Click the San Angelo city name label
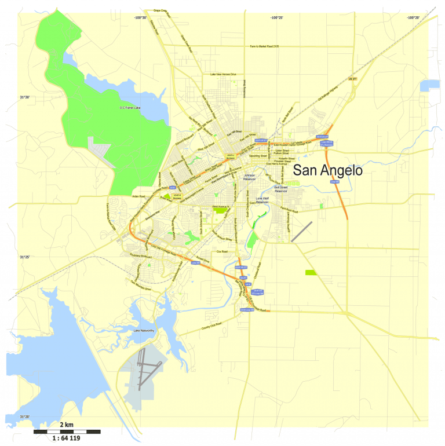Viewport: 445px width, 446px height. tap(327, 171)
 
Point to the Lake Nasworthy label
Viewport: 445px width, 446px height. tap(144, 330)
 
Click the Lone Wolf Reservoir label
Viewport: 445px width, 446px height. tap(262, 200)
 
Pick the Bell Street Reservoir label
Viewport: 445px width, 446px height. tap(280, 189)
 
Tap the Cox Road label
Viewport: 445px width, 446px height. tap(222, 251)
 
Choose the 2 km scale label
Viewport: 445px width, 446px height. tap(67, 425)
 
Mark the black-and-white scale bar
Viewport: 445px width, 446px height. tap(67, 432)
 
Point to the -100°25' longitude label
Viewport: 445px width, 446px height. tap(276, 17)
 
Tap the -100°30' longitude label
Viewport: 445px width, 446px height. tap(140, 17)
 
